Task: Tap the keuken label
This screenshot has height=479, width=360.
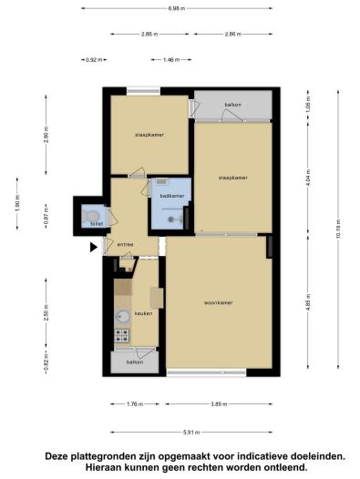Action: pos(143,313)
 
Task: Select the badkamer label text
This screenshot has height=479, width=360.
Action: pos(170,195)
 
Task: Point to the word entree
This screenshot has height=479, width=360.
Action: pos(125,244)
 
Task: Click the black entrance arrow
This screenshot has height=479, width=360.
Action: pos(92,245)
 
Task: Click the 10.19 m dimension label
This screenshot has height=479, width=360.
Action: pos(337,233)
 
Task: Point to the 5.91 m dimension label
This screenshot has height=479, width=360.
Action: pos(190,433)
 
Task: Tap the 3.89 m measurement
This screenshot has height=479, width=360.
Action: pos(220,404)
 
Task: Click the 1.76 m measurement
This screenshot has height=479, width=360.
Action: pos(135,404)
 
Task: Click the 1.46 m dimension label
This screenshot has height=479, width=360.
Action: pos(170,59)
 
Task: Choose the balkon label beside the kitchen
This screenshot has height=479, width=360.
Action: pos(134,362)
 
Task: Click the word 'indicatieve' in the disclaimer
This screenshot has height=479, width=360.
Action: pos(249,454)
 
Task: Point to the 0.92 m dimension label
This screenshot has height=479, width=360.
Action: pos(92,59)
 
